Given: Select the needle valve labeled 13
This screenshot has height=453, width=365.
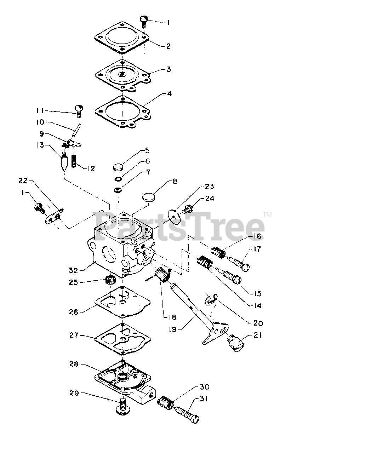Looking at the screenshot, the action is tap(64, 162).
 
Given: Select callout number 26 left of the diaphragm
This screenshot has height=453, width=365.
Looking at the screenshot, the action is tap(74, 312).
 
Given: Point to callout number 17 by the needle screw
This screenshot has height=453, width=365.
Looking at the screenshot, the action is tap(257, 249).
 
